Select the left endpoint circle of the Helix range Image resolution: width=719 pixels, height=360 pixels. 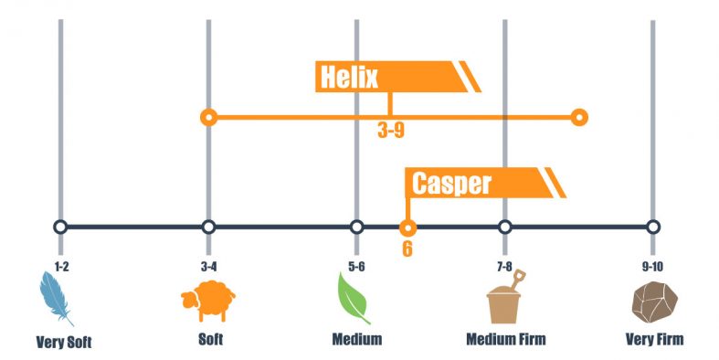[208, 117]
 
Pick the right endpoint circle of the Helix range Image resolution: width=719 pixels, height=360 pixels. [578, 117]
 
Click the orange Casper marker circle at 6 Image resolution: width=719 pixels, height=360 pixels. [408, 228]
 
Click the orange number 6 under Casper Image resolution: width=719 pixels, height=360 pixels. [407, 249]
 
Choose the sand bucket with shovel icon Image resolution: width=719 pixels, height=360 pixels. [505, 298]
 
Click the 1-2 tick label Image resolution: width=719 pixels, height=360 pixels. [60, 266]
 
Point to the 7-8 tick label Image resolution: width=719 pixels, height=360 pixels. [504, 266]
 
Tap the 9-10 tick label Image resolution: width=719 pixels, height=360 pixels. [652, 266]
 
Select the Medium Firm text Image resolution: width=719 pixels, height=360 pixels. [505, 341]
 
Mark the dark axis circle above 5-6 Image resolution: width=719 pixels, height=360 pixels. [356, 228]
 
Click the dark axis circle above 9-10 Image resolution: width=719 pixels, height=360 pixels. [652, 228]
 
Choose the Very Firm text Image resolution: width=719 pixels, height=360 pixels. [654, 341]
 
